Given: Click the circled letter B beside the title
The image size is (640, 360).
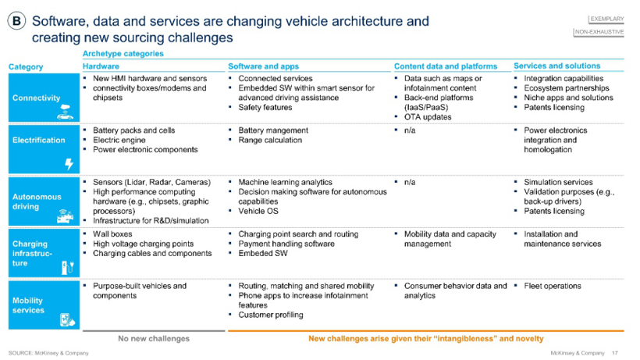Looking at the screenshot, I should point(16,22).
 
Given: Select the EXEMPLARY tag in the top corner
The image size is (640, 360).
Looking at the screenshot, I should point(606,16).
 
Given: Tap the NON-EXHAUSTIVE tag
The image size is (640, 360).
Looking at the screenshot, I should point(599,32).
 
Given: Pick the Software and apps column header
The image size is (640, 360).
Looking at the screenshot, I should point(264,66).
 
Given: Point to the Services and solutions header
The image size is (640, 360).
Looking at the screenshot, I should point(556,66).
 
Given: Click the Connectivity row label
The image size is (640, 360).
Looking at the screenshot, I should point(36,98).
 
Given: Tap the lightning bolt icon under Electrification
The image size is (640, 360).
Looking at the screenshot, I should point(68,163).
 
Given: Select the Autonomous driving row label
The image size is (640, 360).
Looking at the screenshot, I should point(36,202).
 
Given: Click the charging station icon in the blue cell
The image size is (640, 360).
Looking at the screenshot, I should point(67,266).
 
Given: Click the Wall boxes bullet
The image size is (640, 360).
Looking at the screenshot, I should point(112,233).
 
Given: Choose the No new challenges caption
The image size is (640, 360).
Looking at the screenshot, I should point(154,338).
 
